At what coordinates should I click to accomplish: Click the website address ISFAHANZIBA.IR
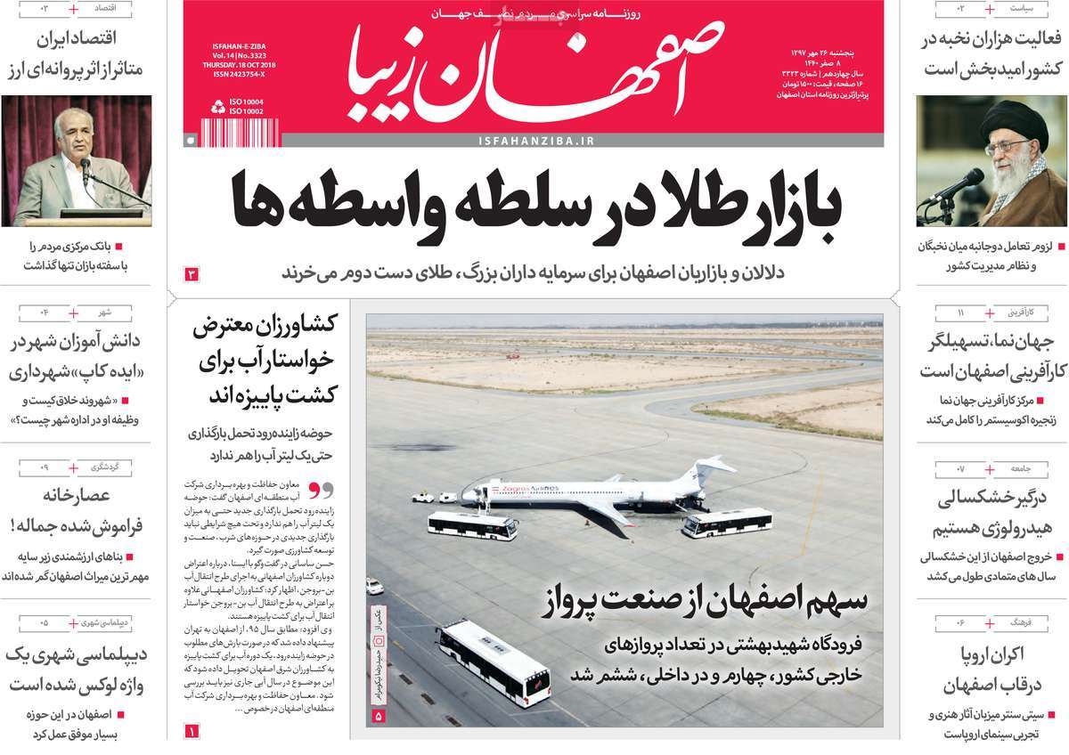point(535,141)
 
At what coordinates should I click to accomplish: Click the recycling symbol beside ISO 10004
point(217,107)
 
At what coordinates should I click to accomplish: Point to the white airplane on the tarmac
point(579,492)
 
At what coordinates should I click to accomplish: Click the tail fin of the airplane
point(714,468)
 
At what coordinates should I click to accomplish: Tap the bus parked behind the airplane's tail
point(726,522)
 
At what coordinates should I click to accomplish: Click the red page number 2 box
point(191,273)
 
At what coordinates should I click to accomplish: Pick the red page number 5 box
point(378,715)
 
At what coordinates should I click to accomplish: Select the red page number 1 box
point(191,731)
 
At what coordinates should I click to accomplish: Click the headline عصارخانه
point(76,496)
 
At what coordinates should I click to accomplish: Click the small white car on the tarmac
point(375,586)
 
